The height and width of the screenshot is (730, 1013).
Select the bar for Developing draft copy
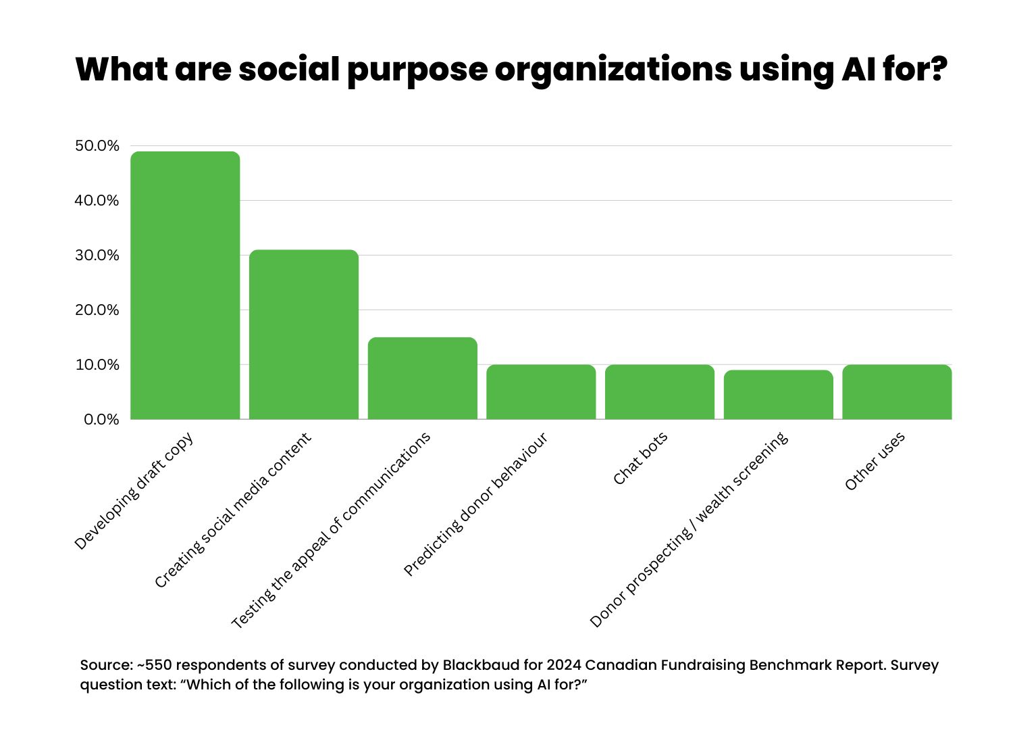[x=185, y=285]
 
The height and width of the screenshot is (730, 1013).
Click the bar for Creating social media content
[x=304, y=335]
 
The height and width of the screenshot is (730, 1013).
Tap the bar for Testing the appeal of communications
[x=423, y=379]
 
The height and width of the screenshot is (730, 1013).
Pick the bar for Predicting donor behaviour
[x=541, y=392]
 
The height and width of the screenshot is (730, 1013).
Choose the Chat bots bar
[x=660, y=392]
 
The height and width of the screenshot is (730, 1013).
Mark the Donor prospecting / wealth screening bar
[x=779, y=395]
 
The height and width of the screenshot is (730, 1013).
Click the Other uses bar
[x=897, y=392]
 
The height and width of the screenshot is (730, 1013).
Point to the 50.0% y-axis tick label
[x=97, y=146]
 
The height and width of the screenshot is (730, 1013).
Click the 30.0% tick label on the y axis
[x=97, y=255]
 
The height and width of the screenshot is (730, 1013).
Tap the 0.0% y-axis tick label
[x=101, y=420]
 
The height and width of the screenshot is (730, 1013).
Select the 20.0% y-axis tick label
[x=97, y=310]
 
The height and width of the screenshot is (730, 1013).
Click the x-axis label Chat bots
[x=640, y=458]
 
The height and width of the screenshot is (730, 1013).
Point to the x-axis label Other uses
[x=875, y=462]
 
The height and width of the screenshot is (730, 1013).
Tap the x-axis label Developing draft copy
[x=134, y=491]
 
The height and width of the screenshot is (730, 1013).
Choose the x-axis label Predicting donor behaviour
[x=475, y=504]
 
